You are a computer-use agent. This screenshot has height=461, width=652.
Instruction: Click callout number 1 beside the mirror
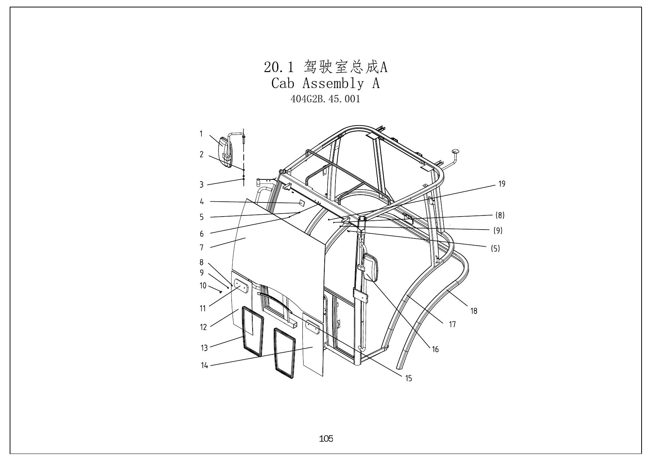(201, 134)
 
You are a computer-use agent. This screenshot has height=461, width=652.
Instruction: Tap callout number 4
(202, 202)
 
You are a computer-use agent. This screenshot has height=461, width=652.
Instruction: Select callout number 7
(202, 247)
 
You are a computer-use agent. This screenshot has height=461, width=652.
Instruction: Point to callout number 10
(203, 286)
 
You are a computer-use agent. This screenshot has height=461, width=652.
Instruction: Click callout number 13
(204, 348)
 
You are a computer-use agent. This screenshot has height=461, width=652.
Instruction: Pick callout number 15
(409, 379)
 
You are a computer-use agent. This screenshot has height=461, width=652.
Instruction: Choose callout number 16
(435, 350)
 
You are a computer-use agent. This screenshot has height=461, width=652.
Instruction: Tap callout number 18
(474, 311)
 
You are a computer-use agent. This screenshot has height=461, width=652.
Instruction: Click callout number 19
(502, 184)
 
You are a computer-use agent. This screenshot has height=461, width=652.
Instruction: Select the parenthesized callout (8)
(500, 215)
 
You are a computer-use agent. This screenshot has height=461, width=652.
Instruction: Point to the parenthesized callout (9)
(498, 231)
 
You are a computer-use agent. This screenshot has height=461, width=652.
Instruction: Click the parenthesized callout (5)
(496, 249)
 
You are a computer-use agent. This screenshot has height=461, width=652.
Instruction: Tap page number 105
(326, 439)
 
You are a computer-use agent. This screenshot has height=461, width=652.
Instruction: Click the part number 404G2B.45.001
(325, 99)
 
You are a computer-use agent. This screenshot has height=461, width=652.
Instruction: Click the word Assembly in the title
(333, 83)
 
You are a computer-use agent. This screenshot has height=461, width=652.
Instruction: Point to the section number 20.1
(279, 67)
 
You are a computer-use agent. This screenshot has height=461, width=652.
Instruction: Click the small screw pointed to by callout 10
(220, 292)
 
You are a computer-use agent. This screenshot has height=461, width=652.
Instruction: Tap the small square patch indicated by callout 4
(302, 203)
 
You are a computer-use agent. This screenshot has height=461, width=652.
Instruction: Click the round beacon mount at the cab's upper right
(455, 151)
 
